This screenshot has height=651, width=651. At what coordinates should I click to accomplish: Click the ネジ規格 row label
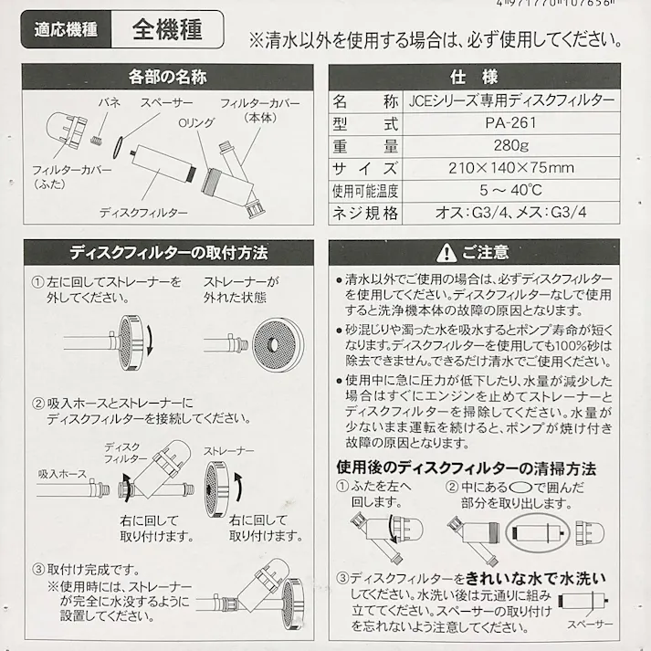365,214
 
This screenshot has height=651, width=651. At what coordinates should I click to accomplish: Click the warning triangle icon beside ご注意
446,250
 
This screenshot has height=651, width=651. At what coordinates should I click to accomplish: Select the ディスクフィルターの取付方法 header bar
166,250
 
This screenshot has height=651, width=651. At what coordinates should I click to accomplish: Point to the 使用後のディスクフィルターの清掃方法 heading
466,469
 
